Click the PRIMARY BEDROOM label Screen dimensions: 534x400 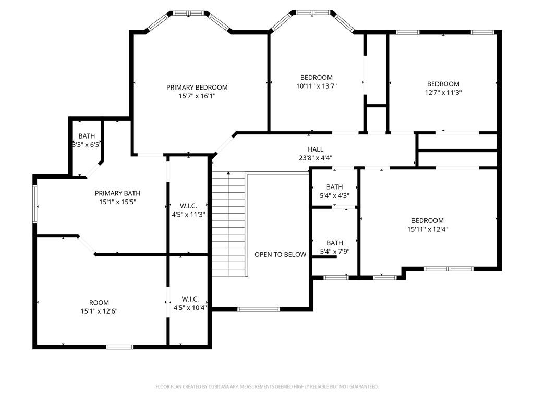(x=197, y=87)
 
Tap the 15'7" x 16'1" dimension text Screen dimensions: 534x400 (x=197, y=96)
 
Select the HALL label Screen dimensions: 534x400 (x=315, y=149)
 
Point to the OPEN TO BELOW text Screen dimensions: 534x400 (x=280, y=254)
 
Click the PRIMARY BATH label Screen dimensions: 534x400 (x=117, y=193)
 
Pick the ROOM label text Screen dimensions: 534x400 (x=99, y=303)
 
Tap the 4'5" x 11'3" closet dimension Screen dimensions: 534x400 (x=188, y=214)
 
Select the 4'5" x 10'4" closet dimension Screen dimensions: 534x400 (x=190, y=308)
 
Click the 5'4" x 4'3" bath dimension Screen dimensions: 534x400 (x=334, y=196)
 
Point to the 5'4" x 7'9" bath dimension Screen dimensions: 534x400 (x=334, y=252)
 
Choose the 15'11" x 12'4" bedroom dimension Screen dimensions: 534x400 (x=428, y=229)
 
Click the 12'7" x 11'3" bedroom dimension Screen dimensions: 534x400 (x=443, y=93)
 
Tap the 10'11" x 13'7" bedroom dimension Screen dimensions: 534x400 (x=317, y=86)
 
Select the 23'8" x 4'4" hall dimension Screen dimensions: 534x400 (x=315, y=158)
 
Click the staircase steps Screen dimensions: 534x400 (x=228, y=224)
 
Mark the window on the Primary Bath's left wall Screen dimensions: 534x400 (x=34, y=204)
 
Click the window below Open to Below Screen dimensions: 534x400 (x=259, y=309)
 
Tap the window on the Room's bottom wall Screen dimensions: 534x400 (x=119, y=347)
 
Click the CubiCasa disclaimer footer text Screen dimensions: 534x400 (x=266, y=386)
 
